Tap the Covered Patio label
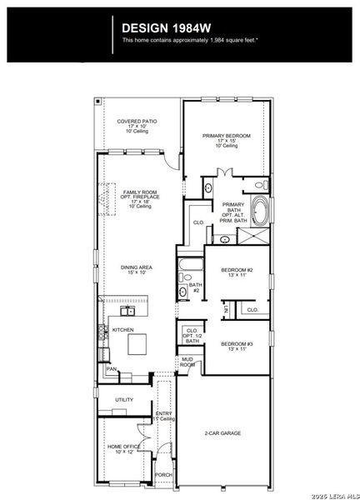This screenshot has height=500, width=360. tap(137, 126)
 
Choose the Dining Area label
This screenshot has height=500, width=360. tap(133, 269)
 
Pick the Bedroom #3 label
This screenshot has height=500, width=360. tap(237, 346)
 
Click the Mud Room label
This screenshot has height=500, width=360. tap(187, 363)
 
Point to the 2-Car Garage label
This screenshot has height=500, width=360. tap(224, 434)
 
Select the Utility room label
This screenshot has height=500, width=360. tap(124, 400)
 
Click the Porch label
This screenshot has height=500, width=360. tap(163, 475)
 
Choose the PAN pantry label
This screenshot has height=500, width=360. tap(111, 369)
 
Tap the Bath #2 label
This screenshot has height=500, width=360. tap(195, 287)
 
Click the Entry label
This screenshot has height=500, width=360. tap(164, 416)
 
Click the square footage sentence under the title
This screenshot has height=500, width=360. tap(188, 40)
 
